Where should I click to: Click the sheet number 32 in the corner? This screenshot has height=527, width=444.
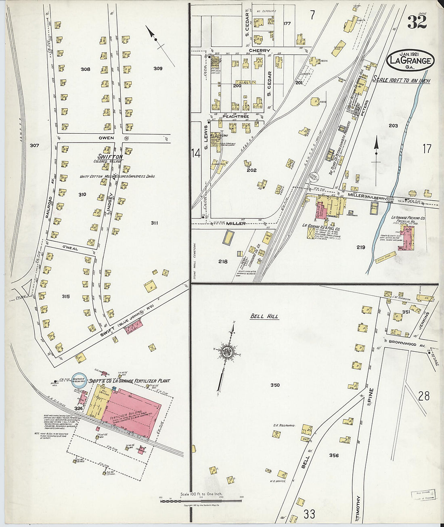417,22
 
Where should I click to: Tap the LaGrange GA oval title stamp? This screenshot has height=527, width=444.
410,61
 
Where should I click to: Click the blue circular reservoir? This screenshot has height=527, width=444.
79,380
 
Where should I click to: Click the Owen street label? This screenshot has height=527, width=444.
106,138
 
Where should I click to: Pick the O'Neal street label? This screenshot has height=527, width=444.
70,249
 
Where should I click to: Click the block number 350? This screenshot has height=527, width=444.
275,385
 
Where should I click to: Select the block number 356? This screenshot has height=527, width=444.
334,456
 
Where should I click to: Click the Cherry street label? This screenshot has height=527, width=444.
259,51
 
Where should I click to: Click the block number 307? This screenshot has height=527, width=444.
34,145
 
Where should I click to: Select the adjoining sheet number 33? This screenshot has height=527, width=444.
309,514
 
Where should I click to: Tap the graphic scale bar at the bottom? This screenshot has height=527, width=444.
201,501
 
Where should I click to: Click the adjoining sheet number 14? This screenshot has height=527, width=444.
196,153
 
